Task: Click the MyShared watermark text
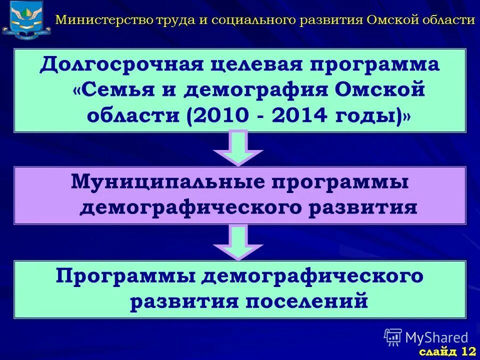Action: coord(436,337)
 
